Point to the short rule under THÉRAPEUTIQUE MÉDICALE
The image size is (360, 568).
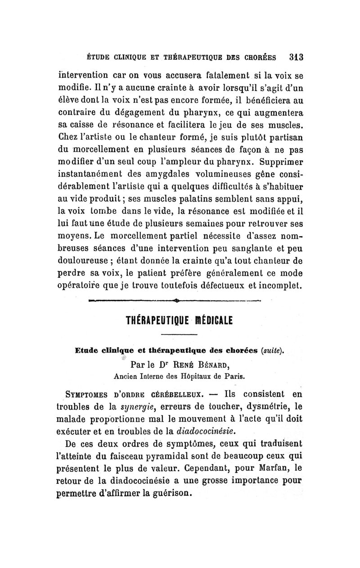pyautogui.click(x=176, y=334)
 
